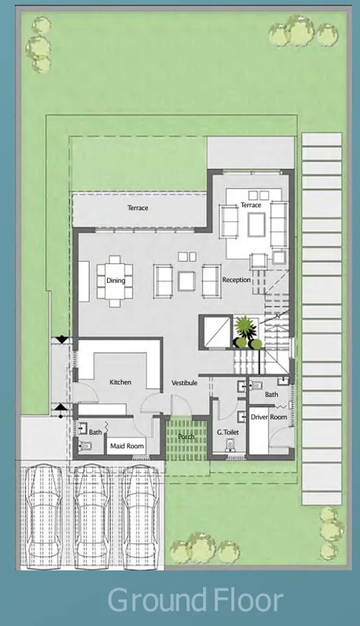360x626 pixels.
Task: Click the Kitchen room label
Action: point(120,382)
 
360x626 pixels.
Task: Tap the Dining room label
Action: point(116,281)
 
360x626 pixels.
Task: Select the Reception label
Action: point(236,280)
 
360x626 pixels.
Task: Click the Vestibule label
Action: point(184,383)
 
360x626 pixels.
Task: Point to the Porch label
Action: point(186,437)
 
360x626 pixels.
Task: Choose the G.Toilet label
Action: point(228,433)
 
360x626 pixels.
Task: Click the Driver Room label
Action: point(269,417)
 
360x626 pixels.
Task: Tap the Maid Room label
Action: point(127,446)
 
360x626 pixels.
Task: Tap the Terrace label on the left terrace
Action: point(137,208)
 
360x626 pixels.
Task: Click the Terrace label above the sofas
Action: point(251,205)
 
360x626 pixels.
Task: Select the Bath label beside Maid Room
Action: point(95,432)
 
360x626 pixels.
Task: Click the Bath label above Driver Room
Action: point(272,395)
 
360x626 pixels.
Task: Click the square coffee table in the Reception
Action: point(186,281)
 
